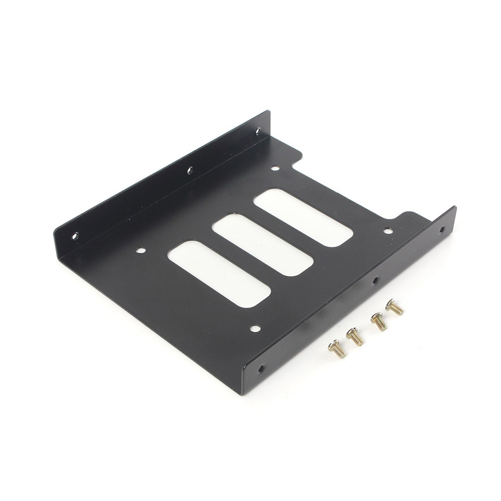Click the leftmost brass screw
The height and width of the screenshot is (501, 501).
point(337,348)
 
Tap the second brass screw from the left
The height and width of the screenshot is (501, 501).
point(355,336)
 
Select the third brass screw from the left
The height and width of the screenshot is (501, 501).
point(379,321)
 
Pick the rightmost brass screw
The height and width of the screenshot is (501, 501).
point(394,307)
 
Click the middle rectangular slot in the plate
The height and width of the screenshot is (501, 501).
point(263,245)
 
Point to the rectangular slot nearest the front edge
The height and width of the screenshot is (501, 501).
point(219,274)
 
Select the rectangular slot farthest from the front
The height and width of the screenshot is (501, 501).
point(303,218)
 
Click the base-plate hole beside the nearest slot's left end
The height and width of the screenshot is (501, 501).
point(141,250)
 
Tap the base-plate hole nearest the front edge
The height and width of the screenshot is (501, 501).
point(255,328)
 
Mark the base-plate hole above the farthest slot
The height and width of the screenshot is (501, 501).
point(275,169)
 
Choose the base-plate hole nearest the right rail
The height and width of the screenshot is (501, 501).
point(388,231)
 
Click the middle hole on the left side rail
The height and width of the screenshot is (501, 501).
point(190,171)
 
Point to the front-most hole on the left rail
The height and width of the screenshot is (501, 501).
point(75,236)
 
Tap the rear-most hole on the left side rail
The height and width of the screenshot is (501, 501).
point(258,131)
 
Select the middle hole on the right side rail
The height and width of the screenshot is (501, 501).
point(375,280)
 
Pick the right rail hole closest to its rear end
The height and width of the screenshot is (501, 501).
point(441,229)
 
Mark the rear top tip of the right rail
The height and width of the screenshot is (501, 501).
point(454,208)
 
